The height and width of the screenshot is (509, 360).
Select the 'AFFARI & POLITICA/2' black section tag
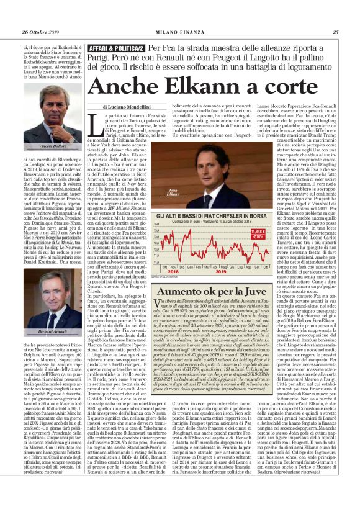[117, 47]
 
